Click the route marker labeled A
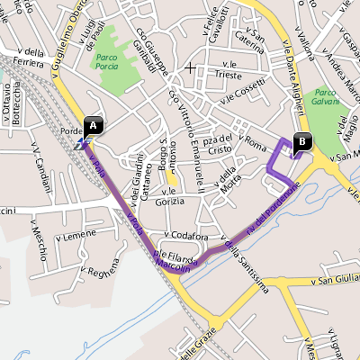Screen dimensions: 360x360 pyautogui.click(x=94, y=125)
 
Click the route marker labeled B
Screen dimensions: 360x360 pyautogui.click(x=301, y=140)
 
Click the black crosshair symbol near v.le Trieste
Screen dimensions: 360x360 pyautogui.click(x=190, y=67)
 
